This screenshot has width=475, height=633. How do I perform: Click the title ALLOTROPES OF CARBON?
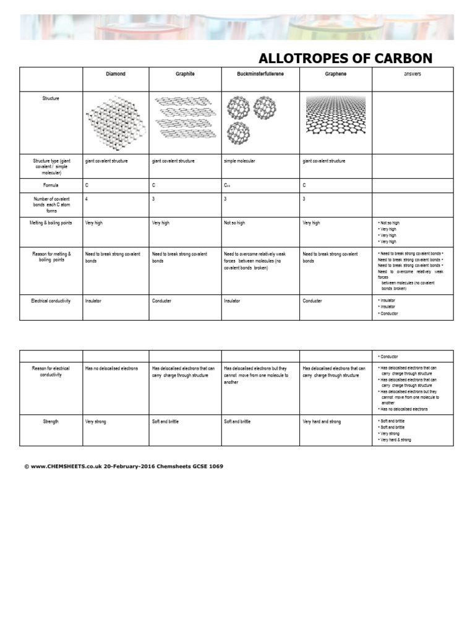click(345, 59)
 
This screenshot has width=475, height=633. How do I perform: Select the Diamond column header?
click(115, 74)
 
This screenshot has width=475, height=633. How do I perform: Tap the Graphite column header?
click(184, 74)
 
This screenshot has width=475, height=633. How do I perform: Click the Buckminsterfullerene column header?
click(260, 74)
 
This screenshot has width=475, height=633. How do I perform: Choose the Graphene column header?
click(336, 74)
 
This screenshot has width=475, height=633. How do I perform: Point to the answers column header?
click(413, 74)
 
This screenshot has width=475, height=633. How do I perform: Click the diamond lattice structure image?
click(116, 123)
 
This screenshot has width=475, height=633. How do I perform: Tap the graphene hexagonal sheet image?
click(336, 116)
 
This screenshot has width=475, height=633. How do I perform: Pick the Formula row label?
click(51, 185)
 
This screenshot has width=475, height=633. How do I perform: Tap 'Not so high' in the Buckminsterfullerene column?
click(234, 223)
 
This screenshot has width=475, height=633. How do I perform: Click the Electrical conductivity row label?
click(51, 301)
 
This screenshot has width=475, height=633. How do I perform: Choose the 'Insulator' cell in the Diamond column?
click(93, 301)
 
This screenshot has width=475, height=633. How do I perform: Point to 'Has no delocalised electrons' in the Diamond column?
click(111, 369)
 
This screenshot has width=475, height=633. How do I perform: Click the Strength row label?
click(51, 422)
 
